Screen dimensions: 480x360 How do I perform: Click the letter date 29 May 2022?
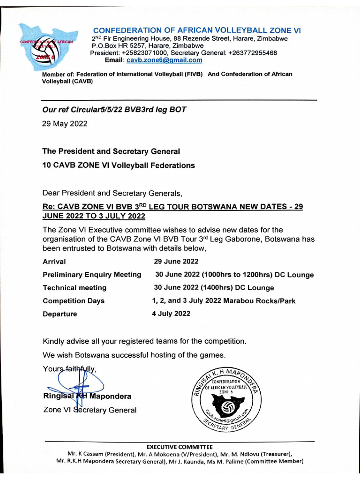(x=65, y=124)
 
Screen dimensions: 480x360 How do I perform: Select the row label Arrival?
(x=54, y=262)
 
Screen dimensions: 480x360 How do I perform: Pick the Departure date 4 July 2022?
(x=171, y=314)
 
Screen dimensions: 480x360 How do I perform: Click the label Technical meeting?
(x=75, y=288)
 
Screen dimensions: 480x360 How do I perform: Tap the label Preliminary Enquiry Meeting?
(x=92, y=275)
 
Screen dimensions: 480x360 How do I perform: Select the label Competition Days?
(x=74, y=301)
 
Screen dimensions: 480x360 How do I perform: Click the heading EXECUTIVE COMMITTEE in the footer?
(x=180, y=447)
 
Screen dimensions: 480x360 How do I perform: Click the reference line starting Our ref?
(x=114, y=110)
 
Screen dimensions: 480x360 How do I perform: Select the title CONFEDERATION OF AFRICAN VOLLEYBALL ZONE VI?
(x=197, y=30)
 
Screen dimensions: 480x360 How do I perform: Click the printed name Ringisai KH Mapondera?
(x=87, y=396)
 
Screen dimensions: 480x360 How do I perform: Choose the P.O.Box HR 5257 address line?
(x=147, y=46)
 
